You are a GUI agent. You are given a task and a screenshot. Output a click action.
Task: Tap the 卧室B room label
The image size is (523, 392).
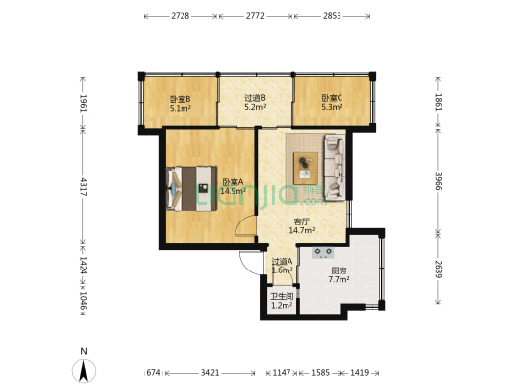(x=181, y=103)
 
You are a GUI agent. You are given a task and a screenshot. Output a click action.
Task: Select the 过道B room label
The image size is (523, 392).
(x=255, y=103)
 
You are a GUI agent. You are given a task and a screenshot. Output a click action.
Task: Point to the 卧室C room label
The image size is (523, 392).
(x=332, y=103)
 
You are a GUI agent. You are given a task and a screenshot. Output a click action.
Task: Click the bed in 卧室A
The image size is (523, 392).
(x=191, y=188)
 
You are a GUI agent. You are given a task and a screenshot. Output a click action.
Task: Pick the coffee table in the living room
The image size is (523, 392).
(x=305, y=169)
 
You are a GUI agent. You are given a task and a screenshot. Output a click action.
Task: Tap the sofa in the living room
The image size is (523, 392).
(x=335, y=168)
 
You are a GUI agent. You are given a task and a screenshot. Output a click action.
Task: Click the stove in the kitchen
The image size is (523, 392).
(x=323, y=253)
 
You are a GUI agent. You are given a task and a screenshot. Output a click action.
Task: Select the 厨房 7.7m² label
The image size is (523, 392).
(x=339, y=275)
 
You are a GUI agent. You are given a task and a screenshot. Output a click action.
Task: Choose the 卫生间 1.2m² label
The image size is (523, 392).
(x=282, y=301)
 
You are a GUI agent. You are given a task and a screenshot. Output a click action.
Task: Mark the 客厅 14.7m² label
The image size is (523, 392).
(x=302, y=225)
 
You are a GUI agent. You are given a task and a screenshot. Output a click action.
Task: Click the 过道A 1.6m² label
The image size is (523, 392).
(x=283, y=266)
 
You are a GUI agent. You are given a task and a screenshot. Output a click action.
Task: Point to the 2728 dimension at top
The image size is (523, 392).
(x=181, y=16)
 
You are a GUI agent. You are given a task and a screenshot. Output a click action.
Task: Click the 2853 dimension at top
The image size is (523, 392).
(x=332, y=16)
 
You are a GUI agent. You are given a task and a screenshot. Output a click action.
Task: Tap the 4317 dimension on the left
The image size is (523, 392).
(x=83, y=187)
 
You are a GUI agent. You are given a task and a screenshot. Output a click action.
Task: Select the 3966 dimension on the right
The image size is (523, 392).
(x=438, y=181)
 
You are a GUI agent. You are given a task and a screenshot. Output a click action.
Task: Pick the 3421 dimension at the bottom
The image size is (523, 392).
(x=210, y=373)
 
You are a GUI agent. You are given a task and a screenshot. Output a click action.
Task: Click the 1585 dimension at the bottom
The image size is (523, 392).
(x=320, y=373)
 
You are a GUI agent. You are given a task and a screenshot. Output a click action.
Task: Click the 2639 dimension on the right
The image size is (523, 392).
(x=438, y=269)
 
